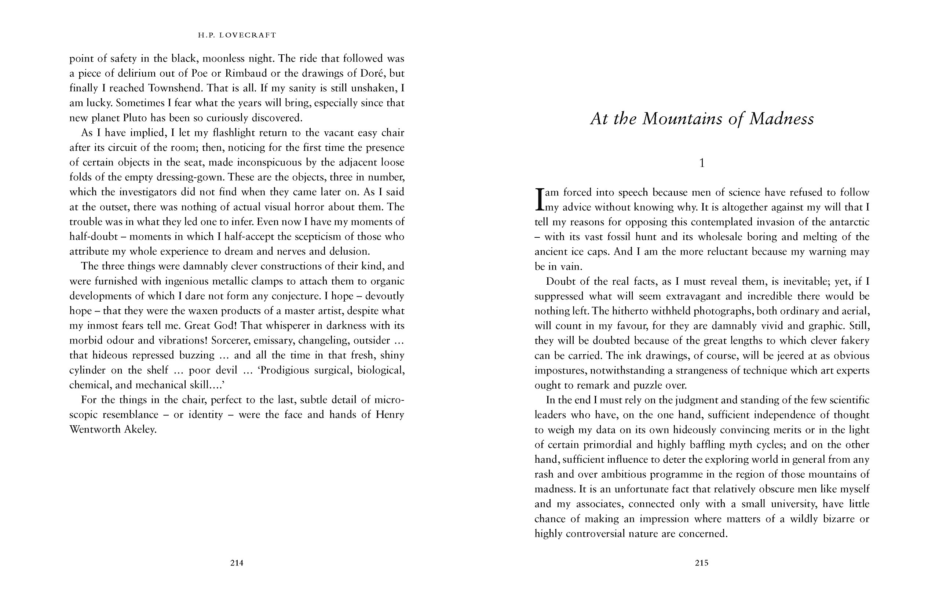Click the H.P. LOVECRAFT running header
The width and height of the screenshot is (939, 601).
point(237,35)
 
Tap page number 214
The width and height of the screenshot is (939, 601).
point(237,563)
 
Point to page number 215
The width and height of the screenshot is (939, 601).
point(701,563)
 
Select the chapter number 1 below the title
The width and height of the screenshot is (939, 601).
point(702,163)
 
